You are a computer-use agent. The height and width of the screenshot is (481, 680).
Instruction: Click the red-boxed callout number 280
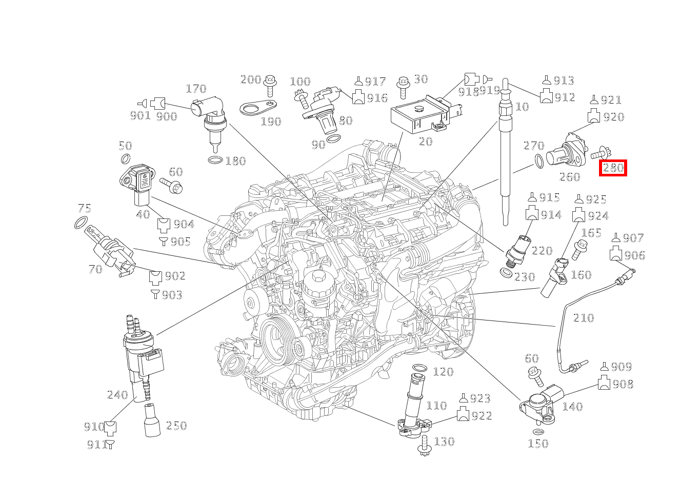click(x=613, y=168)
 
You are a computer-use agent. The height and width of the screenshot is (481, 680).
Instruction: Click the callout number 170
click(x=195, y=89)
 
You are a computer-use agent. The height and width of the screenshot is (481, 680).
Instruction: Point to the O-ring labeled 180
click(x=215, y=161)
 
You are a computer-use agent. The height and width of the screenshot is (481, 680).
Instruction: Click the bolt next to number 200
click(x=270, y=84)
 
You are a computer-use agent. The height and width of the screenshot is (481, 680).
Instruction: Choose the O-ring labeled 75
click(x=81, y=223)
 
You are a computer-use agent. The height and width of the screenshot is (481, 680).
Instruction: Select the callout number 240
click(x=117, y=395)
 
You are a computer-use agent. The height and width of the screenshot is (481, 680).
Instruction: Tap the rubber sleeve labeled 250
click(x=152, y=420)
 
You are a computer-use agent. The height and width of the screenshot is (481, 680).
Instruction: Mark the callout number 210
click(x=583, y=318)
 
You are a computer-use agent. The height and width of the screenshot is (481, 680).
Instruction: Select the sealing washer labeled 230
click(x=506, y=272)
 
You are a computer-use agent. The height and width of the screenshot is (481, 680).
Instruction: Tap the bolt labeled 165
click(x=581, y=249)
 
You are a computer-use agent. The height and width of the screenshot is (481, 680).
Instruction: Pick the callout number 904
click(x=184, y=224)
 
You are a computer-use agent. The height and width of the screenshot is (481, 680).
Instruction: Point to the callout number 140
click(x=572, y=407)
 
